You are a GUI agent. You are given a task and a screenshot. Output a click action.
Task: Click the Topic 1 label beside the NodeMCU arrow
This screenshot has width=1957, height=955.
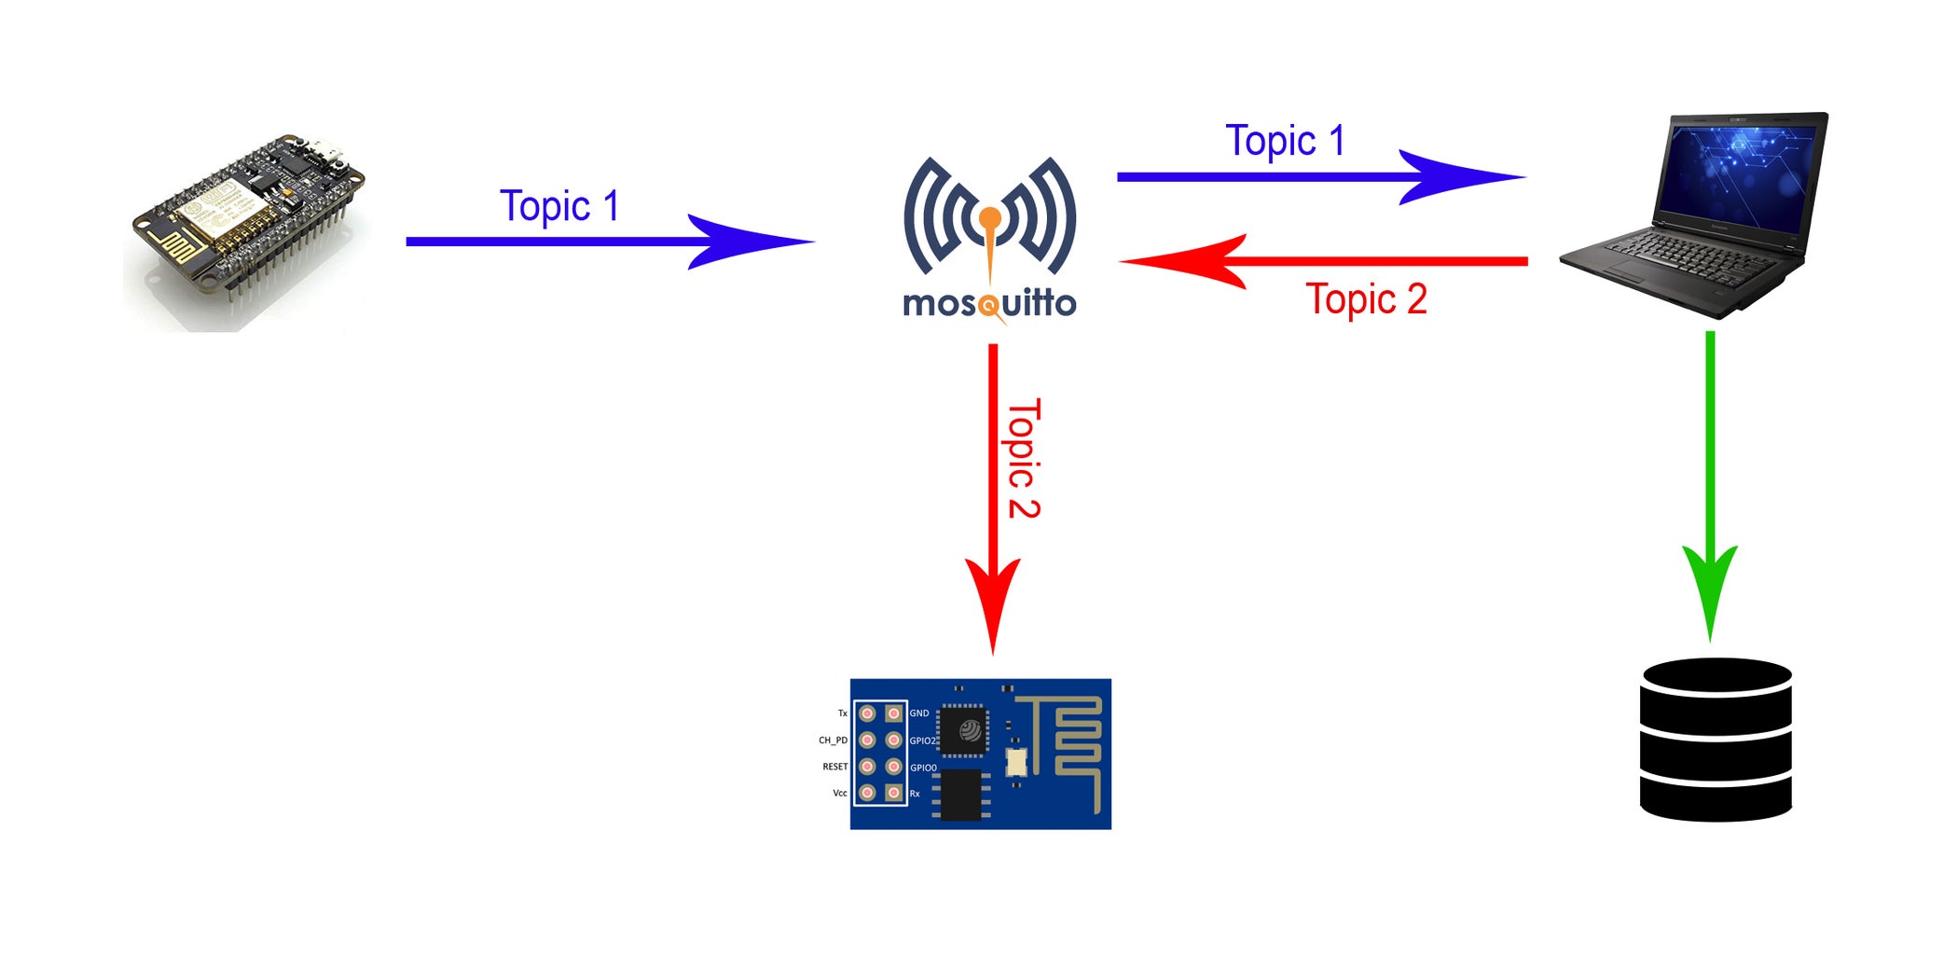[559, 206]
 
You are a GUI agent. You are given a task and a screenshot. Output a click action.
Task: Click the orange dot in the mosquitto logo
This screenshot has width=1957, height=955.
[990, 219]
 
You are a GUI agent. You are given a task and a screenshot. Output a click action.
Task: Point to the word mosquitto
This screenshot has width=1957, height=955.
[990, 303]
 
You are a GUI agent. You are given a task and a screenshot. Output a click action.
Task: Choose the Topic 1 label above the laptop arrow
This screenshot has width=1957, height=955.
[1285, 141]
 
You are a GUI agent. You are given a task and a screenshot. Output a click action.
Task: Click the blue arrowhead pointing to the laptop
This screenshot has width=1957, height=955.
[1462, 176]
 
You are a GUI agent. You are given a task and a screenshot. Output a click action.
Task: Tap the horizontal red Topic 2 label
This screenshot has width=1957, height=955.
[1366, 299]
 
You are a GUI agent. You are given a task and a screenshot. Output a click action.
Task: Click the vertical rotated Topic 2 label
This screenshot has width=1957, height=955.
[1024, 459]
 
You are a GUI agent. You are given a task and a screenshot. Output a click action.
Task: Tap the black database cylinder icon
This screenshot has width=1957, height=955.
[1716, 740]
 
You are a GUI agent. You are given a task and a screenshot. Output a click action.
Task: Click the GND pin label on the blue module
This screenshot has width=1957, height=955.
[919, 713]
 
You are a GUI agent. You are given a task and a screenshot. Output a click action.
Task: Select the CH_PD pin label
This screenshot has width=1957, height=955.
[834, 740]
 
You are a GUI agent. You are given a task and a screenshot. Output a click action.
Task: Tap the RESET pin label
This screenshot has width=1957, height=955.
[835, 767]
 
